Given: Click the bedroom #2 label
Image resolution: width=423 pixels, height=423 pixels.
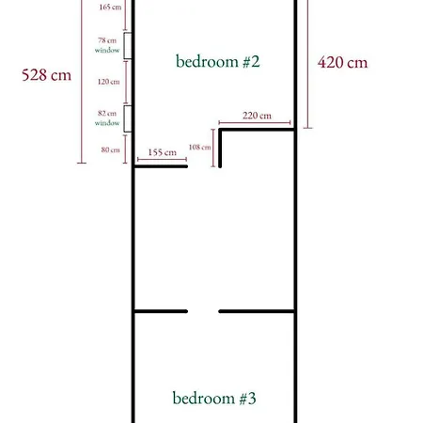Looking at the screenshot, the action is (218, 61).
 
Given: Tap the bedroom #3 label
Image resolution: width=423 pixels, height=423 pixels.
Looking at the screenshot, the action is (214, 398).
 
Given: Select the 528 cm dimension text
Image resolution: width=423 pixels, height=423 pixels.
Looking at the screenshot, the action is (46, 75).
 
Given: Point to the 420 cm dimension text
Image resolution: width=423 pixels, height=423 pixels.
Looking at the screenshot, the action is (342, 62).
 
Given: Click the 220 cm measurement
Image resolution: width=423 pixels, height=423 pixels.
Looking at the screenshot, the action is (257, 116).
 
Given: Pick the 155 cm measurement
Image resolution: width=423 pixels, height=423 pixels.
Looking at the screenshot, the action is (163, 152).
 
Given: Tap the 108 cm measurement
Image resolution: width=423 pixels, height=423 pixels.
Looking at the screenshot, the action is (199, 147).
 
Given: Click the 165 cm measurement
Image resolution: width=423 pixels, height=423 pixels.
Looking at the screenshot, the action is (110, 7).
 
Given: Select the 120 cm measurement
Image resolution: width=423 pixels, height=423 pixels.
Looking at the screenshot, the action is (108, 82).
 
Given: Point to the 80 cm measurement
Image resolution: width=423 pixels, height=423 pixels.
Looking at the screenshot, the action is (111, 149).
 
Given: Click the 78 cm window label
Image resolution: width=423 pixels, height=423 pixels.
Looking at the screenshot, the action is (107, 45).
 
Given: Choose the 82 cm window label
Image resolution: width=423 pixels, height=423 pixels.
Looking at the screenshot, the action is (107, 117).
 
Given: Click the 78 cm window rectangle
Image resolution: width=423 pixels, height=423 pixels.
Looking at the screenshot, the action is (128, 46).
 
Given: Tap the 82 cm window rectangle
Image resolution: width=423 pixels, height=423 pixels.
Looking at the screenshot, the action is (128, 118).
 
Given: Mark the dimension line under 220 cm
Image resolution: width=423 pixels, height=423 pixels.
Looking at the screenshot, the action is (255, 122).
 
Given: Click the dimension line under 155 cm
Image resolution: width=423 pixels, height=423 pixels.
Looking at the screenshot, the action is (162, 160).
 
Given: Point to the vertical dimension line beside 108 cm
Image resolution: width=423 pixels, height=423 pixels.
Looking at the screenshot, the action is (213, 148).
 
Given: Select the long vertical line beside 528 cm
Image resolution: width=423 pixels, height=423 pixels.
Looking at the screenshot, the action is (82, 82).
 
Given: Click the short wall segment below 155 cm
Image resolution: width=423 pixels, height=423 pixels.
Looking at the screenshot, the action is (161, 166).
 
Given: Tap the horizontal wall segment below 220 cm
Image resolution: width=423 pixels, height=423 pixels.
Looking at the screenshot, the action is (257, 130).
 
